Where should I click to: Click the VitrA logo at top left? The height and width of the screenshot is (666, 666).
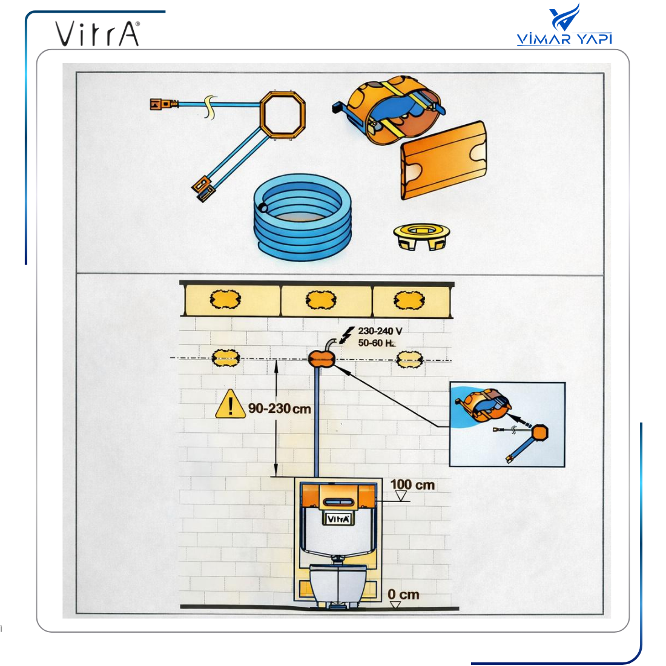(97, 33)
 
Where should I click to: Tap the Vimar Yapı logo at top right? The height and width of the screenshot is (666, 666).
(564, 25)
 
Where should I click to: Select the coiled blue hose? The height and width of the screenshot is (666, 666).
(302, 217)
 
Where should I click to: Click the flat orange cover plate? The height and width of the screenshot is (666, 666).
(444, 160)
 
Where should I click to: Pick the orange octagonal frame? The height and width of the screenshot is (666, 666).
(283, 113)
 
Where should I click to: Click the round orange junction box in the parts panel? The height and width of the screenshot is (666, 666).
(389, 109)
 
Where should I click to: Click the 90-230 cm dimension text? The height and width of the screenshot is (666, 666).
(280, 409)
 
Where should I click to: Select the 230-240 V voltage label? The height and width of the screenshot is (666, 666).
(380, 331)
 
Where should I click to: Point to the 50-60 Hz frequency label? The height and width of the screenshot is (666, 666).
(377, 343)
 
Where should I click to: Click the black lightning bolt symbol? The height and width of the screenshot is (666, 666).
(348, 335)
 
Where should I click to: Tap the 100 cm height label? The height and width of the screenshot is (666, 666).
(412, 484)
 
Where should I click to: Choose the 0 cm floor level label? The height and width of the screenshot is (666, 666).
(403, 594)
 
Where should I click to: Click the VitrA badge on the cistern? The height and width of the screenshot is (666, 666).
(338, 519)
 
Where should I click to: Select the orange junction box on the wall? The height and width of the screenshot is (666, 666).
(321, 359)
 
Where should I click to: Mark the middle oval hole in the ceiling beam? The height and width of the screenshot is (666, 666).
(321, 300)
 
